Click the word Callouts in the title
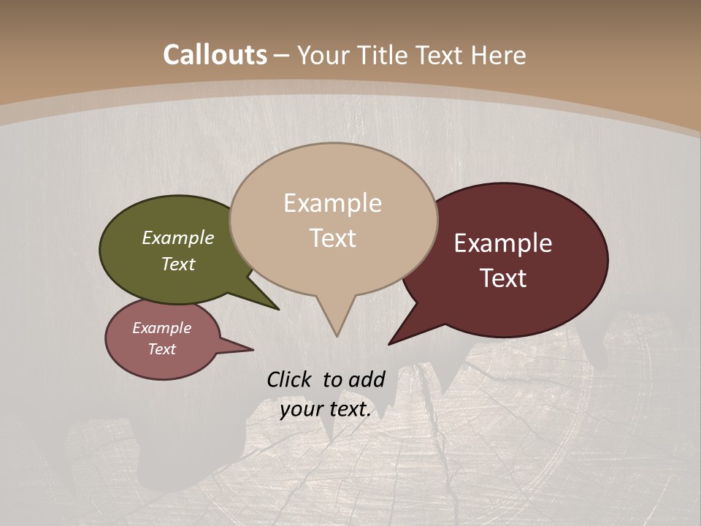point(215,55)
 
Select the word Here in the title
point(499,55)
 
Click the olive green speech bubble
point(146,278)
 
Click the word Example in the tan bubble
point(332,203)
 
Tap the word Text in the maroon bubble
point(503,278)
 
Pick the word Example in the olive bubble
point(178,237)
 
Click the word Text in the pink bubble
point(161,349)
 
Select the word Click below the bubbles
point(289,379)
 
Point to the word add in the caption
point(367,379)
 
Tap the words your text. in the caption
point(326,409)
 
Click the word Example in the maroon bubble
point(503,243)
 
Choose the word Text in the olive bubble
point(178,264)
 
